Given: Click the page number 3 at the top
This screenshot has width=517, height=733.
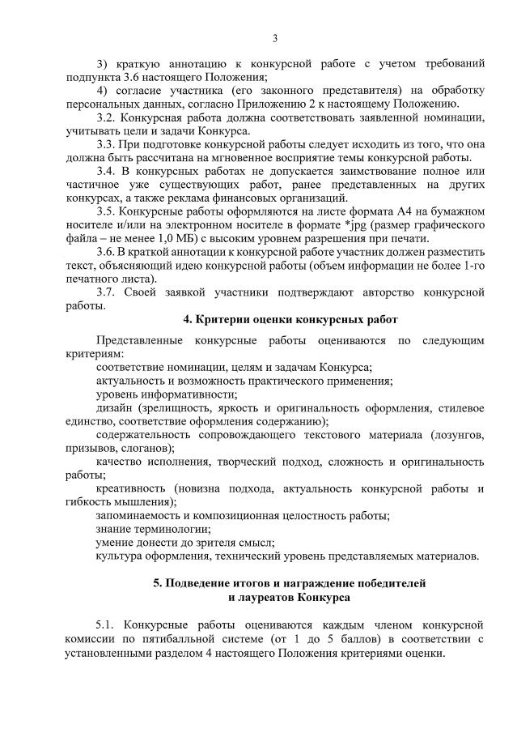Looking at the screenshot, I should (274, 38).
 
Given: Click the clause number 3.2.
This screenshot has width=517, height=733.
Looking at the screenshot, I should (107, 117).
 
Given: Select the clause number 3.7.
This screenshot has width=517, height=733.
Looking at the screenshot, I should (107, 291).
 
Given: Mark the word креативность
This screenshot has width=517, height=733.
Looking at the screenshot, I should (131, 488).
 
